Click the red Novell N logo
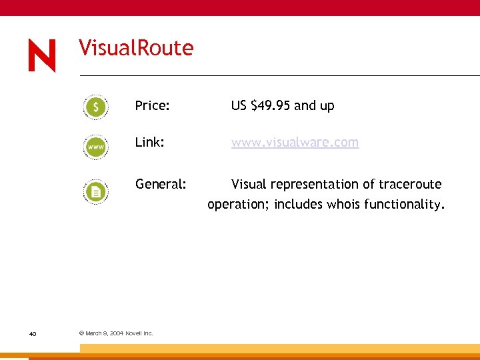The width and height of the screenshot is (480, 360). pos(42,55)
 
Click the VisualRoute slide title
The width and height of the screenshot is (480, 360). pos(136,48)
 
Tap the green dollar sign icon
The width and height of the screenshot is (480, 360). pos(96,107)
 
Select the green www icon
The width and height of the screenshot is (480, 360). pos(96,145)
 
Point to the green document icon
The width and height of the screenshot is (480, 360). pos(96,192)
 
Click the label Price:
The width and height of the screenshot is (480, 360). pos(152,105)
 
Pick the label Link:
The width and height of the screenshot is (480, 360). pos(149,143)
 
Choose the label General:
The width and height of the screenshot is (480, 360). pos(161,184)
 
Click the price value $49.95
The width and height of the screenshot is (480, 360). pos(271,105)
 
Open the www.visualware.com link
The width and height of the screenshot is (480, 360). pos(295,143)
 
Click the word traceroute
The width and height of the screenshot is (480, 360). pos(409,184)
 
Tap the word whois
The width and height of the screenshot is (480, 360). pos(343,205)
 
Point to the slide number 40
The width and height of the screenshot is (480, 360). pos(32,333)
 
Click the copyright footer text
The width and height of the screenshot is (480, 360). pos(116,333)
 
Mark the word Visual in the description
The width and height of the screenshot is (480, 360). pos(248,184)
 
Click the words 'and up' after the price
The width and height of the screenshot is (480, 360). pos(314,105)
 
